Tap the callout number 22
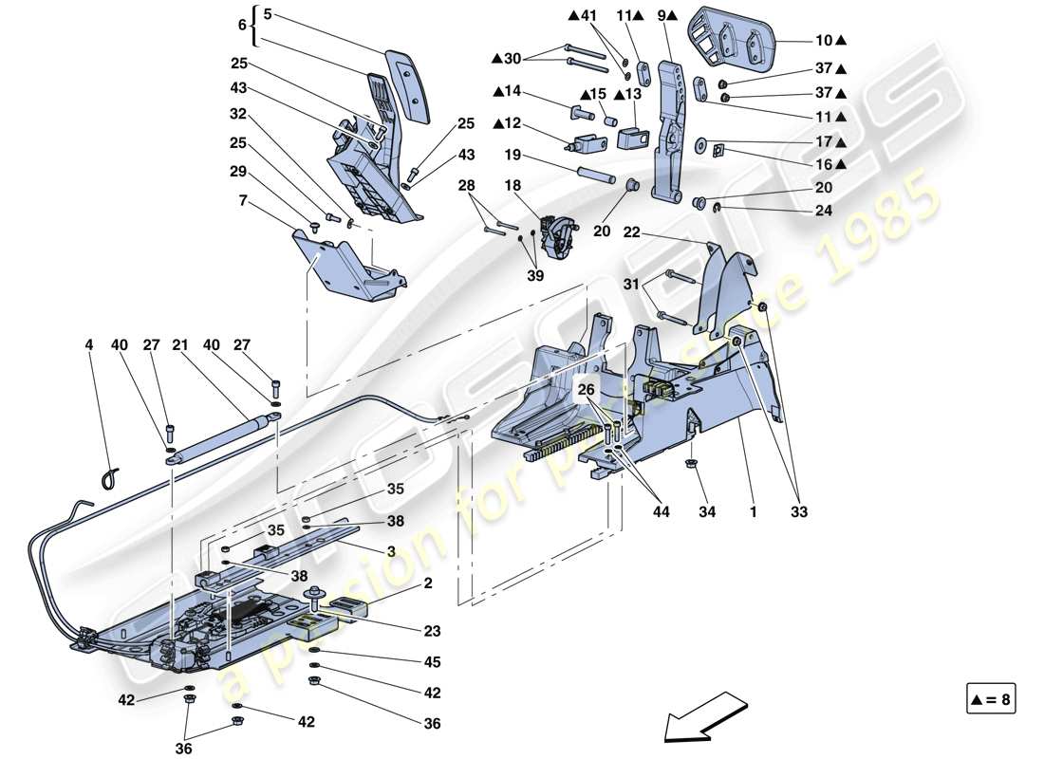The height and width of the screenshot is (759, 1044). (632, 231)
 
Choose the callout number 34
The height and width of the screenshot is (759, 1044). (706, 512)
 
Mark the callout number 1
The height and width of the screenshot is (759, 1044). (753, 512)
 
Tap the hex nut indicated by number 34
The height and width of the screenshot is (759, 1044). (690, 464)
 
